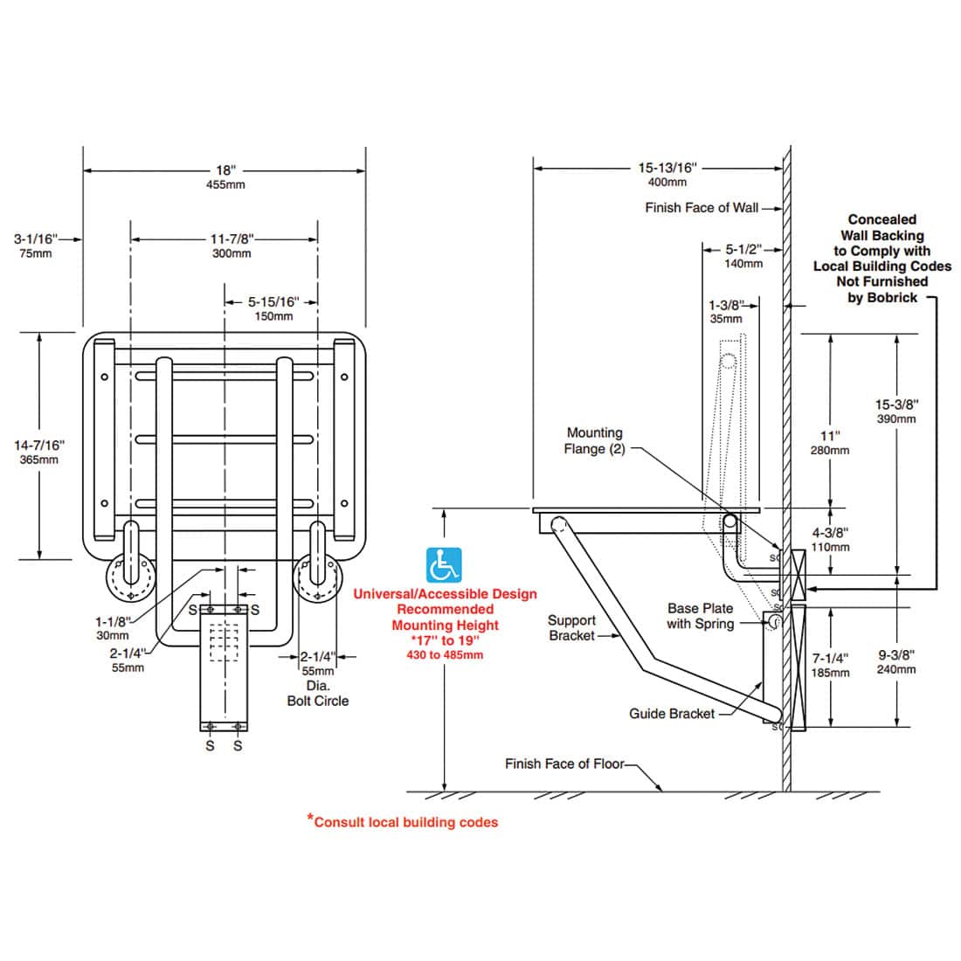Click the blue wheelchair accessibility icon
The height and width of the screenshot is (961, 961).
tap(445, 565)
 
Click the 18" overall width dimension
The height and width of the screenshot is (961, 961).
tap(225, 171)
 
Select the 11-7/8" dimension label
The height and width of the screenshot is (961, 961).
tap(232, 238)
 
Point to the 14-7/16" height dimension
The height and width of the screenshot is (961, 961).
tap(37, 446)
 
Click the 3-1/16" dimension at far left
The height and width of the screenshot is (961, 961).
tap(35, 238)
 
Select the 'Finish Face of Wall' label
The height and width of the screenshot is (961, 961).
tap(702, 208)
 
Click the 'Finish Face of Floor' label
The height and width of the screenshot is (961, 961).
tap(564, 764)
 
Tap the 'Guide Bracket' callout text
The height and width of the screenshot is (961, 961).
tap(672, 714)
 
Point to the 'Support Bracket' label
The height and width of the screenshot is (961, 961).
tap(571, 627)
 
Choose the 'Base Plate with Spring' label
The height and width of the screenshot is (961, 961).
tap(700, 616)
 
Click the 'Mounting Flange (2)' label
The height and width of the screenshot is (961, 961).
tap(594, 440)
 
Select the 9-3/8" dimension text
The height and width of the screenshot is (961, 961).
tap(896, 654)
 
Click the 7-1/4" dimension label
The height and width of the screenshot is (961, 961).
tap(829, 657)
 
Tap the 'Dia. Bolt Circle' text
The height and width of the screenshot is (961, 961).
tap(317, 694)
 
